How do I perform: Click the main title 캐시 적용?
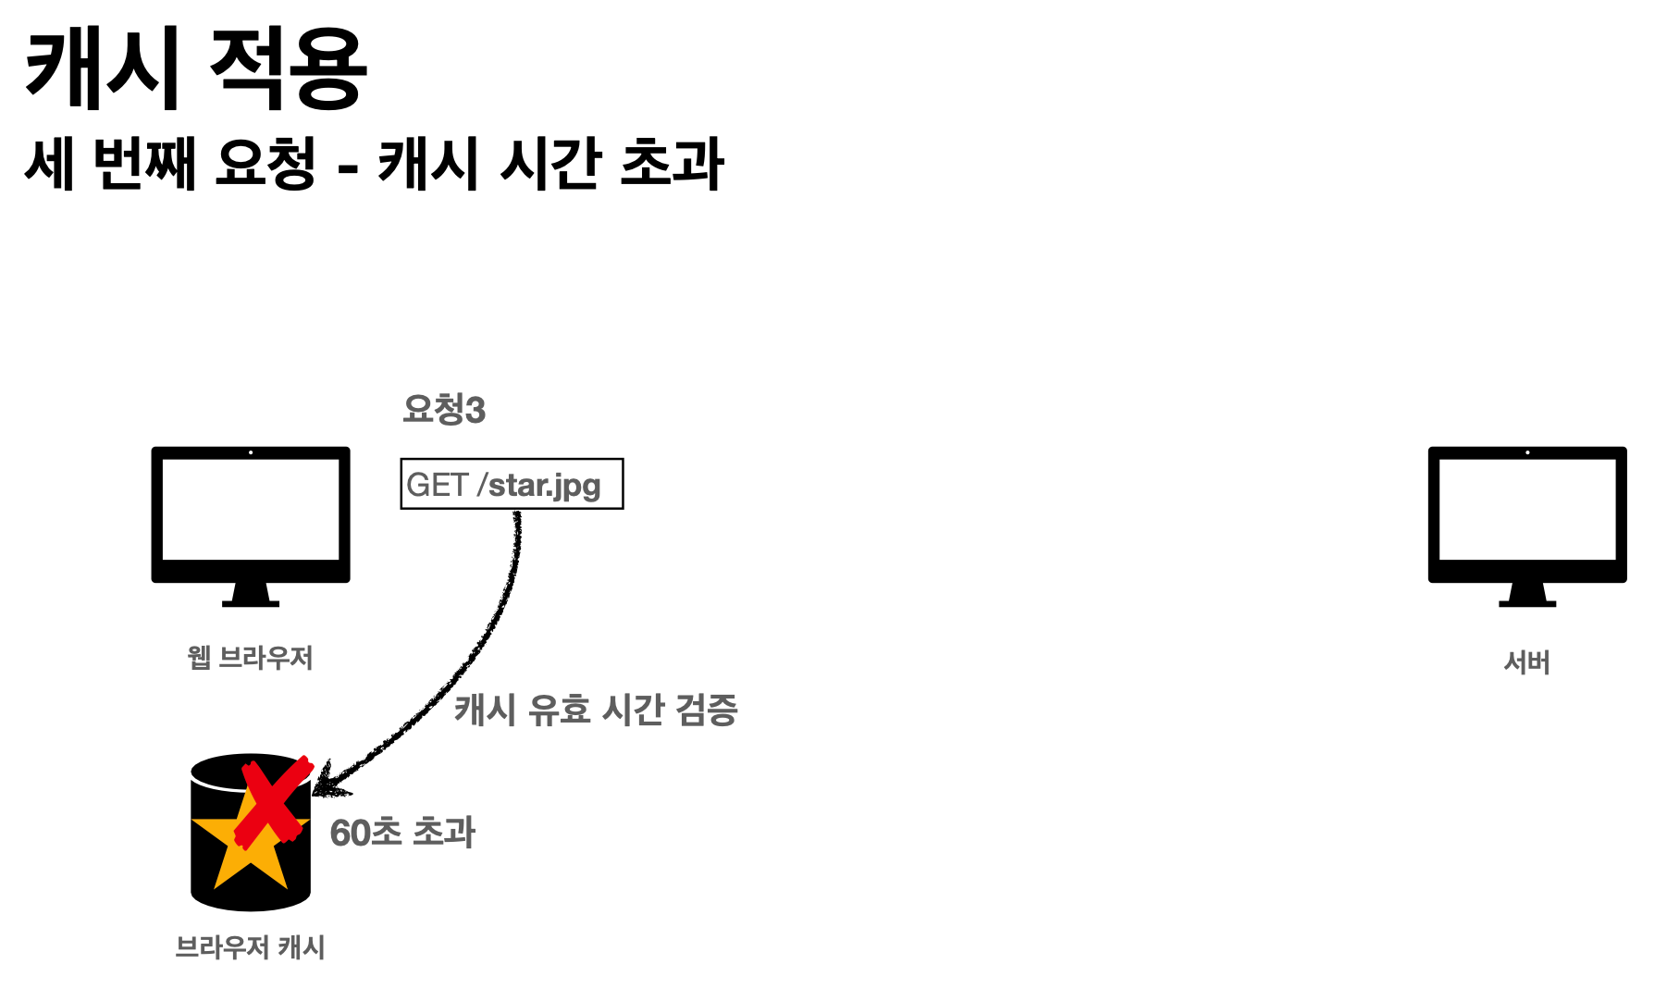click(x=195, y=69)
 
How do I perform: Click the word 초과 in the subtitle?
click(x=672, y=164)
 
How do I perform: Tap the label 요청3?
click(x=444, y=409)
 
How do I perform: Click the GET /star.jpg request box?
click(x=512, y=484)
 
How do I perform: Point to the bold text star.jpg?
click(x=544, y=485)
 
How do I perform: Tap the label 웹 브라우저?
click(x=250, y=658)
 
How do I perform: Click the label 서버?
click(x=1526, y=662)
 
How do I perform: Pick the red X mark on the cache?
click(x=272, y=801)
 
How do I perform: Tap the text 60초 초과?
click(x=402, y=833)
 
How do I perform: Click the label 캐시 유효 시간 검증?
click(x=596, y=711)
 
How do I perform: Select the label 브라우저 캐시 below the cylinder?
click(x=250, y=947)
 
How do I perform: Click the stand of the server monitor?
click(x=1526, y=595)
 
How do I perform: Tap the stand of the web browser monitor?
click(x=251, y=595)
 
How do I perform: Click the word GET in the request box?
click(x=438, y=485)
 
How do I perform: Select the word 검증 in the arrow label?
click(x=707, y=711)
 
